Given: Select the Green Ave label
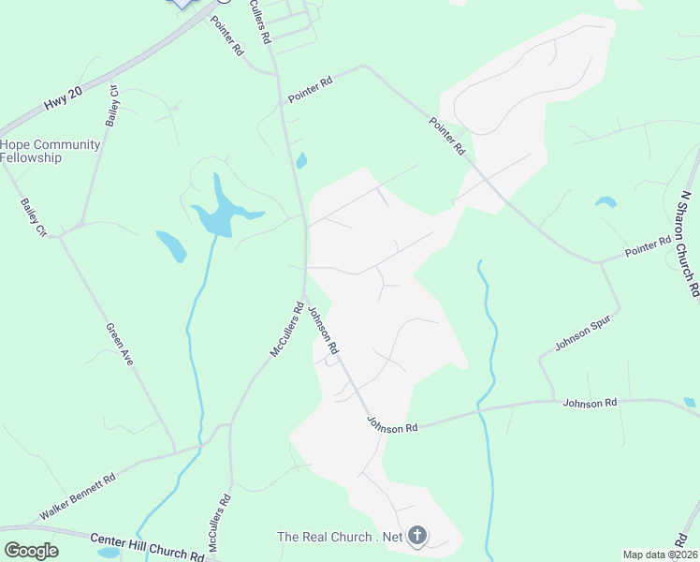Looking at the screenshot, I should pyautogui.click(x=119, y=344).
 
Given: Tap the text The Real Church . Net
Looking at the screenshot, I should pyautogui.click(x=340, y=537).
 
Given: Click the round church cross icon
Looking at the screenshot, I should pyautogui.click(x=417, y=537).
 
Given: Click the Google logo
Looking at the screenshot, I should pyautogui.click(x=31, y=550).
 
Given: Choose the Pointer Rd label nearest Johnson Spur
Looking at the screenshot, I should pyautogui.click(x=649, y=247).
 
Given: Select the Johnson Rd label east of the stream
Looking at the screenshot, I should pyautogui.click(x=590, y=403).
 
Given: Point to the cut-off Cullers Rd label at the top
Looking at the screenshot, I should pyautogui.click(x=260, y=21).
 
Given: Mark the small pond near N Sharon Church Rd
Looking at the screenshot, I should pyautogui.click(x=606, y=201).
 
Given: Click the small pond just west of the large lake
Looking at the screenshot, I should pyautogui.click(x=171, y=245).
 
